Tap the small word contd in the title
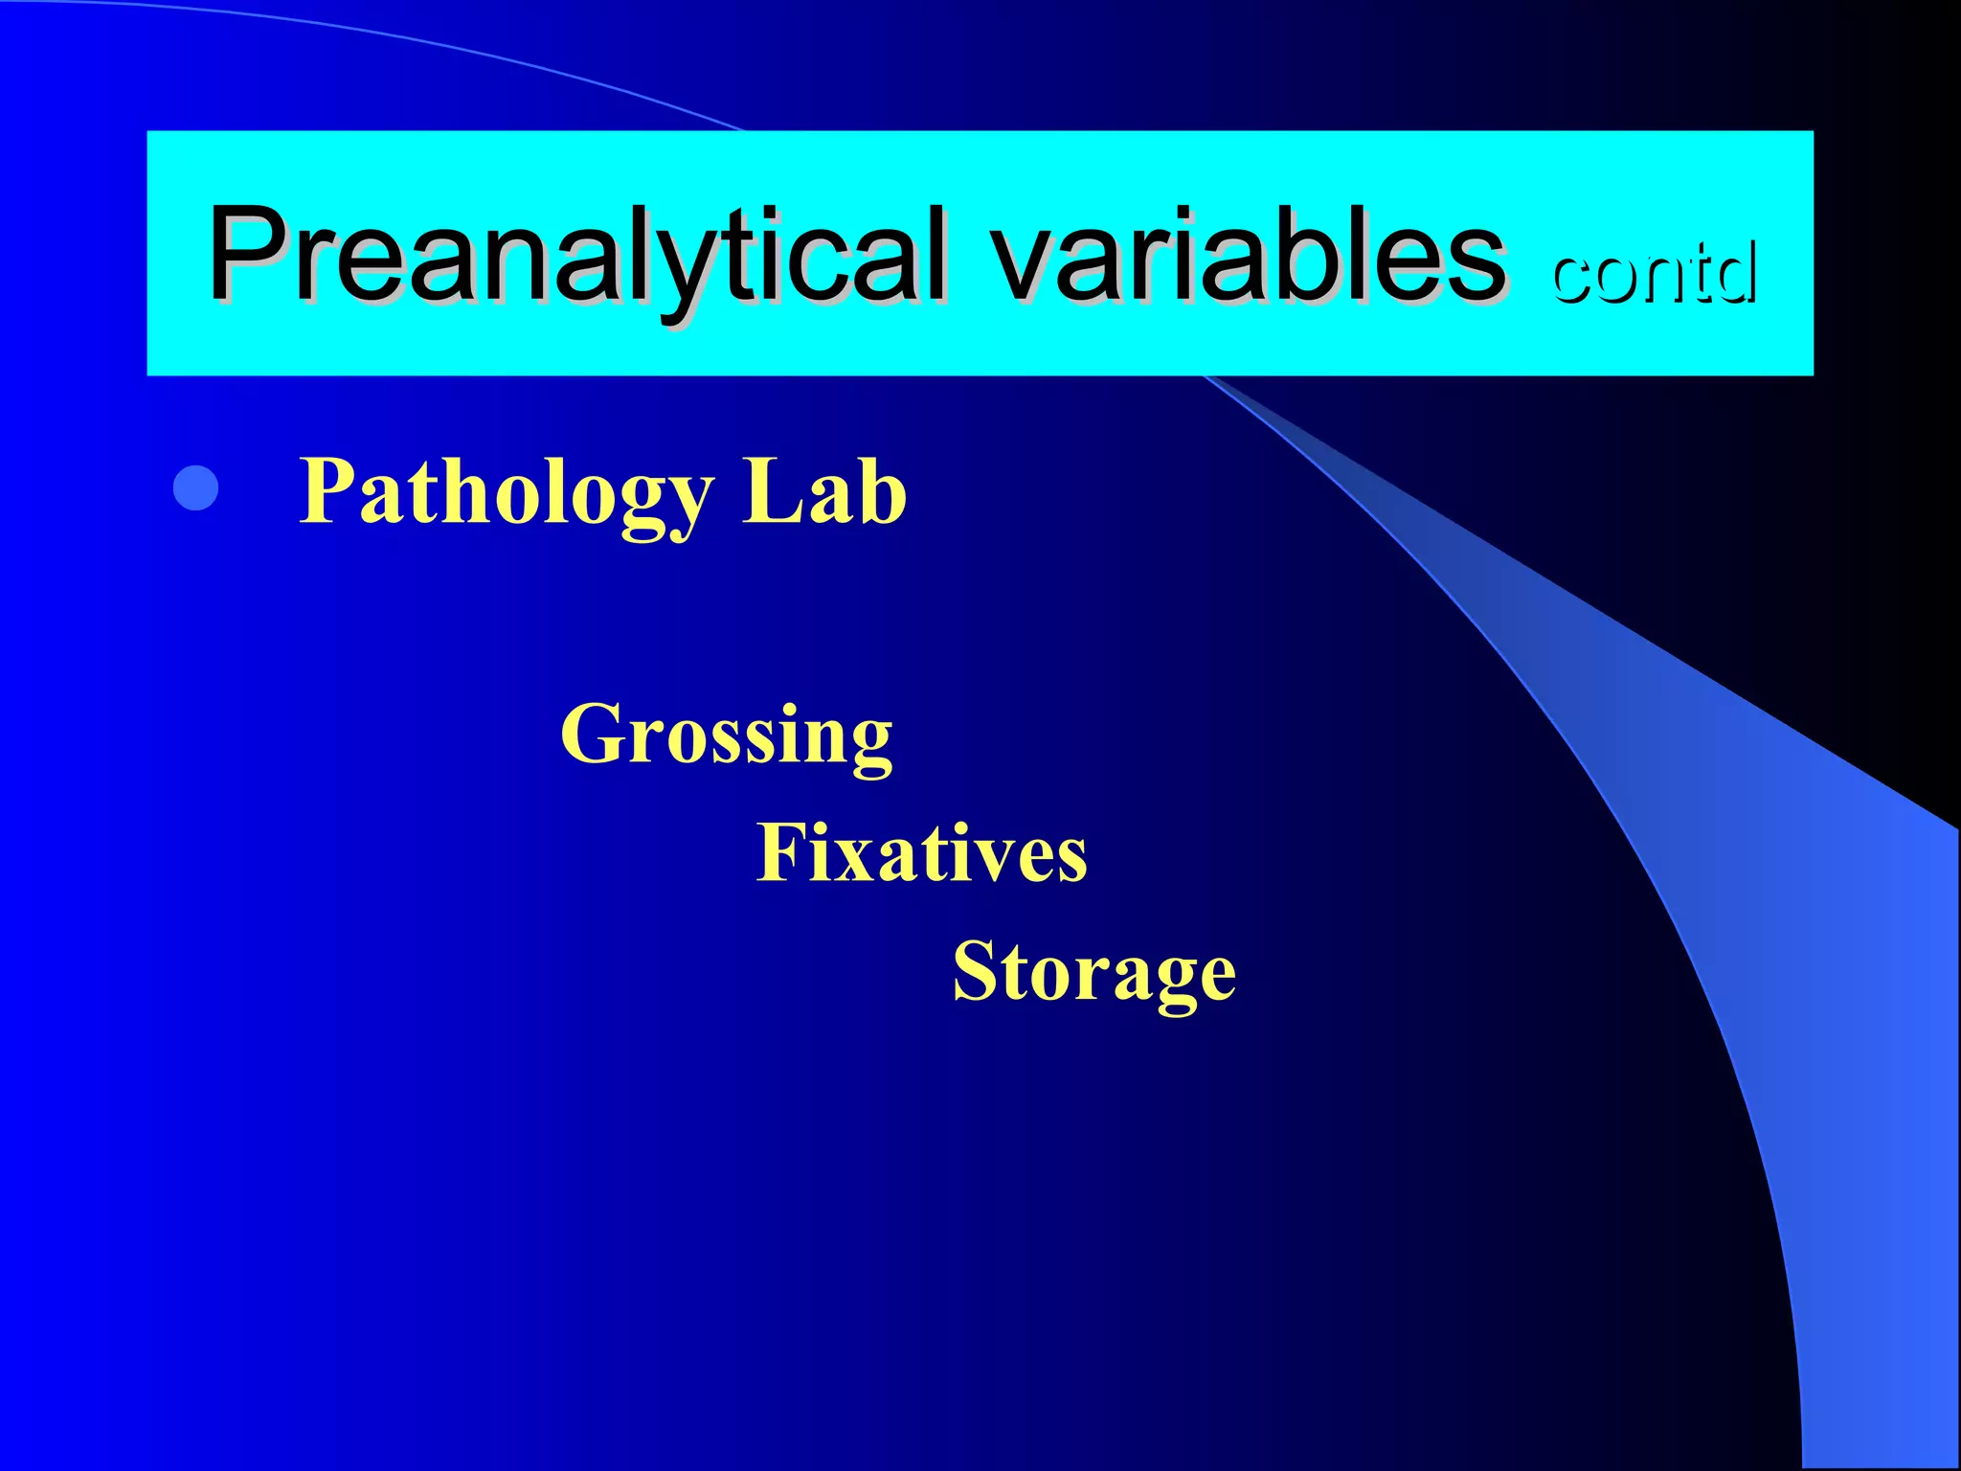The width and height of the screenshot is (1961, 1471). coord(1654,273)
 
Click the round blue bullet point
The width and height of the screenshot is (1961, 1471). coord(196,488)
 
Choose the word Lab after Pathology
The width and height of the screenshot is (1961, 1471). coord(824,490)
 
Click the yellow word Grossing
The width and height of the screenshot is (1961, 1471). coord(727,735)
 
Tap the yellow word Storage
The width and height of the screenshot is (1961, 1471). coord(1094,971)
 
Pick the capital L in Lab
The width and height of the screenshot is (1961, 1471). coord(771,490)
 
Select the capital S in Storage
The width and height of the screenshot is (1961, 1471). coord(977,971)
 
